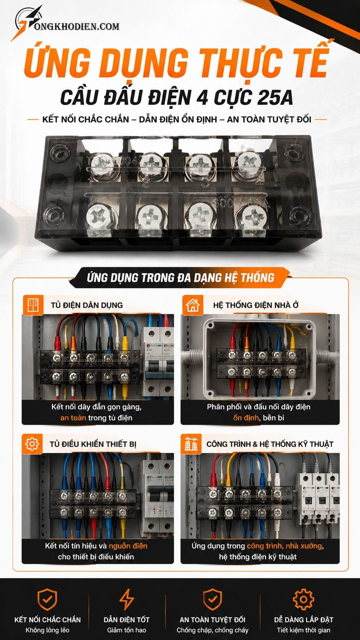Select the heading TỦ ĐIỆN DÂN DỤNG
coord(87,305)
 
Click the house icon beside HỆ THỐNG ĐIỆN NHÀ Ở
coord(193,305)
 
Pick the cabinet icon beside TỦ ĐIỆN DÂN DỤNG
coord(33,305)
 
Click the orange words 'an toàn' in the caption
coord(73,418)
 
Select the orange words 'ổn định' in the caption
coord(246,418)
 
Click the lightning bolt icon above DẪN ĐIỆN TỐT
coord(127,599)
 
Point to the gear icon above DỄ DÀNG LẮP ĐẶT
coord(303,599)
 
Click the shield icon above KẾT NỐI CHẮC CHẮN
coord(47,599)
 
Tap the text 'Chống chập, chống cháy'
coord(212,630)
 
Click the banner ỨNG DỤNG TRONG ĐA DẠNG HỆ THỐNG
coord(181,278)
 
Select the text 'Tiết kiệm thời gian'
coord(303,630)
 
